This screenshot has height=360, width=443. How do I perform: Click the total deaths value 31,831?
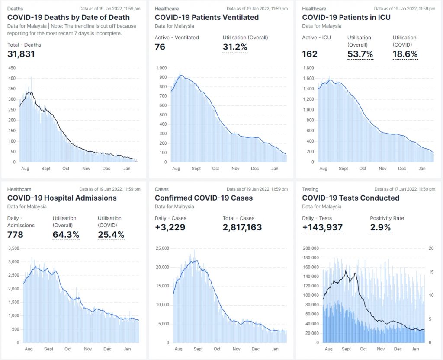coord(21,54)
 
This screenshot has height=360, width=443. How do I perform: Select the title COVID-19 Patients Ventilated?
coord(206,17)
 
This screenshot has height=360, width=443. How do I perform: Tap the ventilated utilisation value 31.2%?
coord(235,47)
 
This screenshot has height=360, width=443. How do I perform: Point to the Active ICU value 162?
coord(310,54)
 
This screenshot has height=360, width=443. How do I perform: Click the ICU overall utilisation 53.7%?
coord(360,54)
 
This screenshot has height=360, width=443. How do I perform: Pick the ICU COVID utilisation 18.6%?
coord(405,54)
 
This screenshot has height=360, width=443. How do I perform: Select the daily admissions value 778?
coord(16,235)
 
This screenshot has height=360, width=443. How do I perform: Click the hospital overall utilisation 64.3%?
coord(66,235)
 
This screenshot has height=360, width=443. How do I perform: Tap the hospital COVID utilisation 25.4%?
coord(111,235)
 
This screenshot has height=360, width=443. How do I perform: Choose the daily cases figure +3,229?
coord(170,227)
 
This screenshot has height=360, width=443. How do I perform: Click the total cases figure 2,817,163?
coord(242,227)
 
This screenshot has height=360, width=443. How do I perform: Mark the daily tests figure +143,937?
coord(322,227)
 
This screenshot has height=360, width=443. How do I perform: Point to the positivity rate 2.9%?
coord(380,227)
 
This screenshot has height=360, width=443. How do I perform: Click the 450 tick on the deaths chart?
coord(12,68)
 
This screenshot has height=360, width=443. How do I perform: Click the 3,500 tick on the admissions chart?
coord(14,248)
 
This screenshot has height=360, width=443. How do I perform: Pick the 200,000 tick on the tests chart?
coord(310,248)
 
